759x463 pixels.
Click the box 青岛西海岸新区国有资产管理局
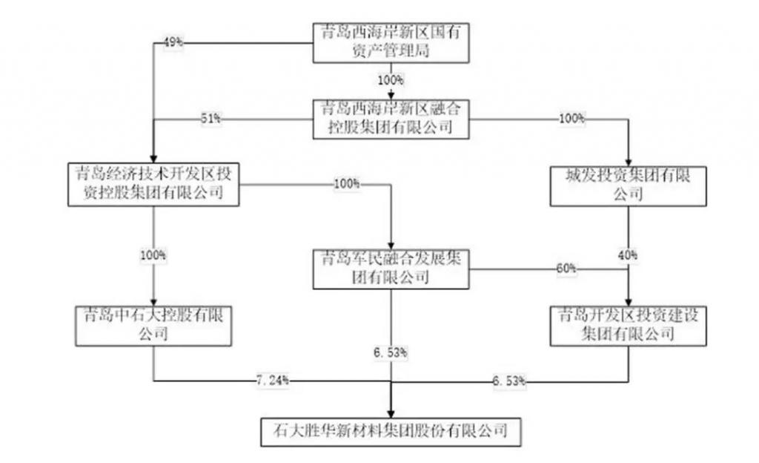click(391, 42)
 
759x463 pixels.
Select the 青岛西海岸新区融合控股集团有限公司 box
click(391, 117)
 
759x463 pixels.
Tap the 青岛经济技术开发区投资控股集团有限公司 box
click(153, 184)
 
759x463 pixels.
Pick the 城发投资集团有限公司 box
click(629, 185)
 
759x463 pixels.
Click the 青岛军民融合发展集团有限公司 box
click(391, 268)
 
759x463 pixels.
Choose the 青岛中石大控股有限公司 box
click(153, 324)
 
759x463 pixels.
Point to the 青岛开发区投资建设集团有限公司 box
click(629, 325)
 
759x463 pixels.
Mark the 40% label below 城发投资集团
click(629, 255)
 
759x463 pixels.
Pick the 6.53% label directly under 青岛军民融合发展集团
click(391, 352)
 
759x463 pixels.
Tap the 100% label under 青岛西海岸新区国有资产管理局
click(391, 79)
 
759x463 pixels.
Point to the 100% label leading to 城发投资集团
click(572, 118)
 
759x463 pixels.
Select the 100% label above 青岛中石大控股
click(153, 255)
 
